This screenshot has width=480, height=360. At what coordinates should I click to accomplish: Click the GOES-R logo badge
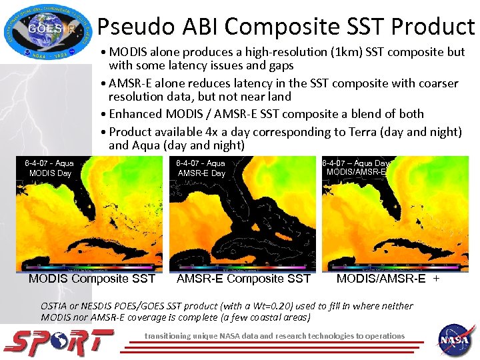click(x=45, y=31)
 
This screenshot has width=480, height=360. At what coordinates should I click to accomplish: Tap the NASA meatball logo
click(x=456, y=339)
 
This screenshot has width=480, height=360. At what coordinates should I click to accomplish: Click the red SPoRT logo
click(x=58, y=342)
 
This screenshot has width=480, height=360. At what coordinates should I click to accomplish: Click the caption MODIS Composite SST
click(x=92, y=279)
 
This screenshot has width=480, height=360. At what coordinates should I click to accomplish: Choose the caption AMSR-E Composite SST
click(x=243, y=279)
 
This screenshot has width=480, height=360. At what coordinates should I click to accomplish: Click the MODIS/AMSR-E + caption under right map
click(x=388, y=279)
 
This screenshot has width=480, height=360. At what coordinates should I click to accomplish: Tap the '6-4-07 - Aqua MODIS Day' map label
click(x=49, y=168)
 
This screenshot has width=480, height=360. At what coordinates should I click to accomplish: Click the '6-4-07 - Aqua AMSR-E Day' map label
click(x=201, y=168)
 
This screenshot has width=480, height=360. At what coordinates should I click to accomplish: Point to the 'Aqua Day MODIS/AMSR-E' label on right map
click(x=356, y=167)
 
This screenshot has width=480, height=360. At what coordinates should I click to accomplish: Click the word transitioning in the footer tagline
click(x=173, y=335)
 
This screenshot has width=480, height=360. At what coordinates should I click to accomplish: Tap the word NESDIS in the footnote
click(x=110, y=306)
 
